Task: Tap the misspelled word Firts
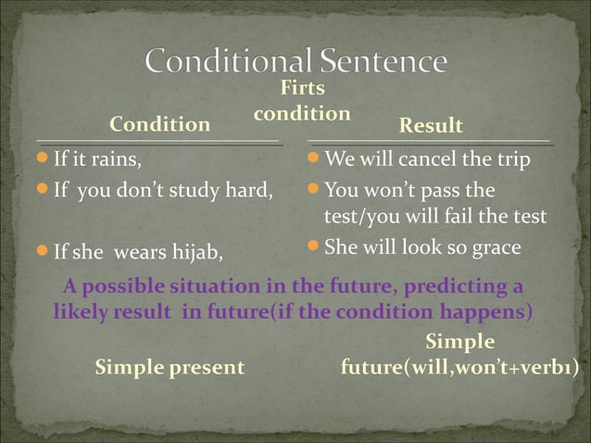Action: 302,89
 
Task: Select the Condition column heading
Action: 159,124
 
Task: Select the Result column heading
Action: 430,125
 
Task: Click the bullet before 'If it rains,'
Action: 43,159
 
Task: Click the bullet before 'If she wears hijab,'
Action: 43,250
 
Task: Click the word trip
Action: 514,160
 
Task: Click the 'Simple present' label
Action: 170,367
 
